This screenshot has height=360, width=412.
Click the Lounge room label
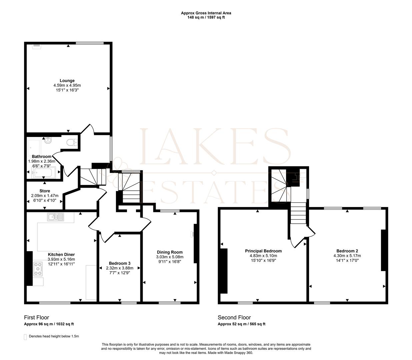tap(67, 81)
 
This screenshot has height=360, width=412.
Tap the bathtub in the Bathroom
tap(44, 172)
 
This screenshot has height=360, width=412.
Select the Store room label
tap(45, 191)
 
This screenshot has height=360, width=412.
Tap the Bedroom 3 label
tap(119, 263)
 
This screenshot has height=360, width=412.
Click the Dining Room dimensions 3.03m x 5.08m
tap(170, 257)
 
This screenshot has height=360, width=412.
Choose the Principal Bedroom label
tap(263, 251)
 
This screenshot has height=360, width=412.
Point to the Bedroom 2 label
tap(347, 251)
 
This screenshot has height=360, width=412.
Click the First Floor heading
tap(36, 317)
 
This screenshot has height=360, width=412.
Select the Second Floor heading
tap(234, 317)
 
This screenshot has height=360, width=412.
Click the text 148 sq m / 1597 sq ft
tap(206, 17)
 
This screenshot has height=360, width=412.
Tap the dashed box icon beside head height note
tap(25, 337)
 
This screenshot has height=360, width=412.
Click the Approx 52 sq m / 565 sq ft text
tap(241, 324)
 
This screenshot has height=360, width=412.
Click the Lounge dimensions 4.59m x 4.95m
tap(67, 86)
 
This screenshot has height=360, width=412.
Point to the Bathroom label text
tap(42, 157)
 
